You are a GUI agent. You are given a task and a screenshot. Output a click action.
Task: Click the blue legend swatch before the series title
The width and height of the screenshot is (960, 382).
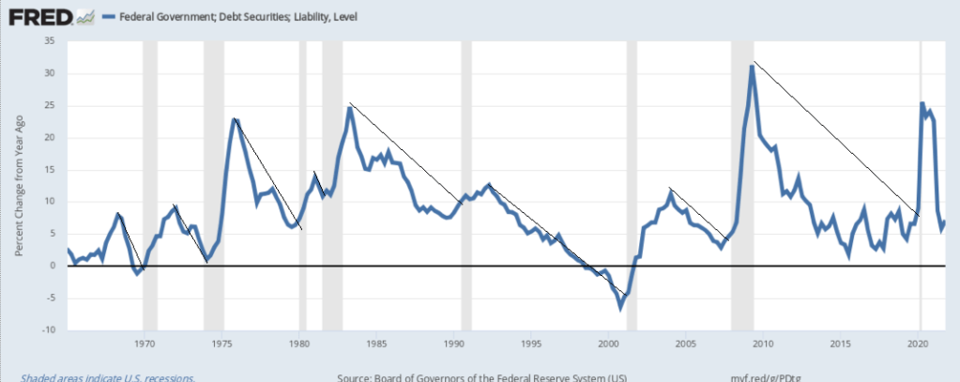[108, 17]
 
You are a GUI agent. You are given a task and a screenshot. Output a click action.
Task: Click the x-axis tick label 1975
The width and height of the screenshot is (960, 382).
[221, 343]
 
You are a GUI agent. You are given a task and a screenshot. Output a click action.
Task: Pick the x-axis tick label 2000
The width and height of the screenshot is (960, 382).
[609, 343]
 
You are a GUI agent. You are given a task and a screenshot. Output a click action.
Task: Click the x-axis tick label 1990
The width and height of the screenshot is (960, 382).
[454, 343]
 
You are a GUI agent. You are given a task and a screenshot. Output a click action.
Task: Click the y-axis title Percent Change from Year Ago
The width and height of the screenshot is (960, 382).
[19, 185]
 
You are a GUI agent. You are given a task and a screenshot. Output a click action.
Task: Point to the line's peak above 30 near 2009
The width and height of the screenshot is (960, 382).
[752, 66]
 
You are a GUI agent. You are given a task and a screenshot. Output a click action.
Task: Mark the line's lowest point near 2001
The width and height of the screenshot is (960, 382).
[620, 305]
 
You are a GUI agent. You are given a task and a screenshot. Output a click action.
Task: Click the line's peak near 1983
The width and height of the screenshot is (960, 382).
[349, 108]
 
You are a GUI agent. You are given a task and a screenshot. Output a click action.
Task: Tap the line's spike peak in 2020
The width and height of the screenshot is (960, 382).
[922, 103]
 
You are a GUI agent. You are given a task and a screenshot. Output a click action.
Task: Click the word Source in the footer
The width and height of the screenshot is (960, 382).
[354, 376]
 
